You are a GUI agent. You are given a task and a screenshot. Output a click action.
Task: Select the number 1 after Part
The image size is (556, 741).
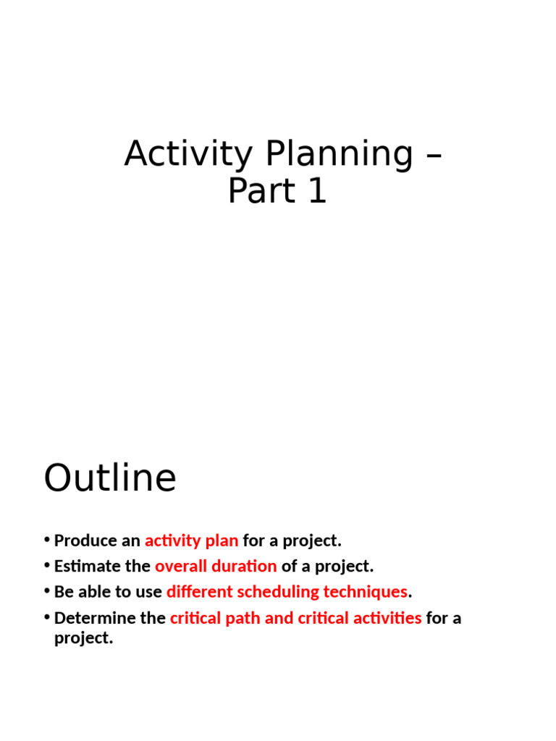[318, 191]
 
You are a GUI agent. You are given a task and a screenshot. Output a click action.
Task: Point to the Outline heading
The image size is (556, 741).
[110, 478]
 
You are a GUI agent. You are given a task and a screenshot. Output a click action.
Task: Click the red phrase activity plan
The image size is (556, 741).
[191, 541]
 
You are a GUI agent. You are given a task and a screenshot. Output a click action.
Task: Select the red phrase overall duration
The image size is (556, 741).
[216, 566]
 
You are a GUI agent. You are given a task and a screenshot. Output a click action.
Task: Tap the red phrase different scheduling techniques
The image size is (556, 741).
[287, 592]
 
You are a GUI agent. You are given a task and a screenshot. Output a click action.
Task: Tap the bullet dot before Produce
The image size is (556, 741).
[47, 540]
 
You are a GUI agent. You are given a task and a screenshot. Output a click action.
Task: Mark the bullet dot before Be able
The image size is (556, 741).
[47, 590]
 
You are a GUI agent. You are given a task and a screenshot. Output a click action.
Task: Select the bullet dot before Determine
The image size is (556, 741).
[47, 617]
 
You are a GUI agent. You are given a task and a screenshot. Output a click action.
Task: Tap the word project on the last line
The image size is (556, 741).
[84, 638]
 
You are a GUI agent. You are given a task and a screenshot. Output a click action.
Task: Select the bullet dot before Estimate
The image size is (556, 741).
[47, 565]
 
